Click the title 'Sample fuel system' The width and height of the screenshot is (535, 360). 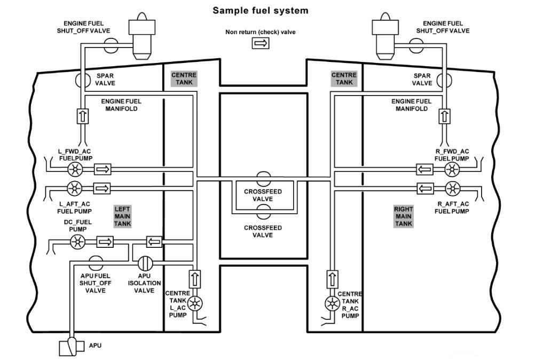tap(261, 10)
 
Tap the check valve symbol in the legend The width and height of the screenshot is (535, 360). tap(261, 43)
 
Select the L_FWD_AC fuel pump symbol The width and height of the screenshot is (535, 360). tap(74, 170)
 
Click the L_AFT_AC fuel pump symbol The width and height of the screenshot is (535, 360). tap(74, 188)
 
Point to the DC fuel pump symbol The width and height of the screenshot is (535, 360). tap(78, 242)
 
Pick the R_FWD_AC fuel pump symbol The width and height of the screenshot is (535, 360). tap(452, 170)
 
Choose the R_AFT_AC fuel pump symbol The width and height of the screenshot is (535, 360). tap(452, 188)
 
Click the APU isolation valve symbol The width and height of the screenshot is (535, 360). tap(145, 264)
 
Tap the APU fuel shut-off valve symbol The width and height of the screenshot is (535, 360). tap(96, 261)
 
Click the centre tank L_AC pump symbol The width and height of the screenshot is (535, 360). tap(195, 303)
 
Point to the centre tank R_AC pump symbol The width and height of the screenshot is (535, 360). tap(332, 303)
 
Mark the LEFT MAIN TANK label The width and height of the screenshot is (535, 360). tap(122, 216)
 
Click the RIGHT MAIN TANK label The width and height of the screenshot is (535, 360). tap(404, 216)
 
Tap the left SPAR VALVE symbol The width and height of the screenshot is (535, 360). tap(83, 80)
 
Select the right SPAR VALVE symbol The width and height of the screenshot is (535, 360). tap(442, 80)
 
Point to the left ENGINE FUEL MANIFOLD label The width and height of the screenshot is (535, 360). tap(121, 105)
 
